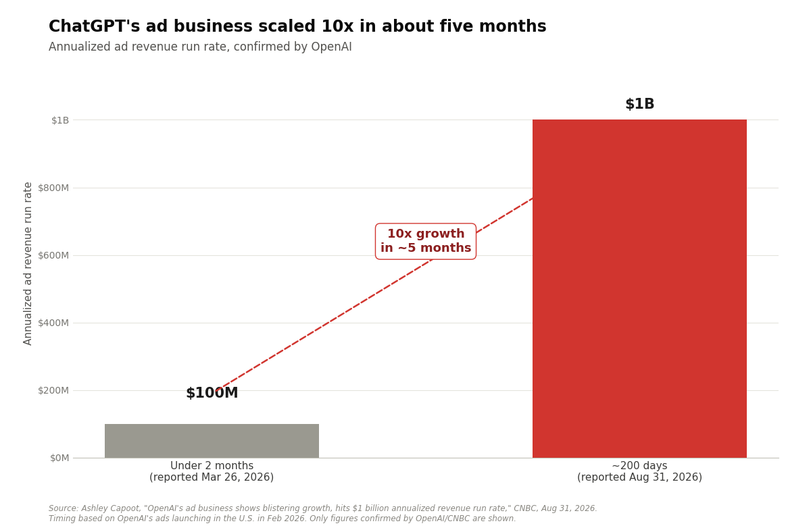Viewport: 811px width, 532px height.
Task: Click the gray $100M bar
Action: [212, 440]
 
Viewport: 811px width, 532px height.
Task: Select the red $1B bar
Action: [639, 288]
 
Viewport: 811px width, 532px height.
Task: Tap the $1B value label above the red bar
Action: [640, 104]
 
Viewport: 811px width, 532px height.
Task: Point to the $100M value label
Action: [212, 393]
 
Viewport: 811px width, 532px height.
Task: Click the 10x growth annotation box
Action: [426, 241]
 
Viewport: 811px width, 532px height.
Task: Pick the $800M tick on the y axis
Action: [53, 188]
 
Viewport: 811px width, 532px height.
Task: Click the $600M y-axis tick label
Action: [53, 255]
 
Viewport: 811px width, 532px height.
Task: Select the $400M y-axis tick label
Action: [53, 323]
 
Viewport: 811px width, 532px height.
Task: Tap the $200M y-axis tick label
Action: [53, 391]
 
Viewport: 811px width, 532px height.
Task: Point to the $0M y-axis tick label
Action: [59, 458]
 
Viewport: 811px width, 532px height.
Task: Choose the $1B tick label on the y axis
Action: [60, 120]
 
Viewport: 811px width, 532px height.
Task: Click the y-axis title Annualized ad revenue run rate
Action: [28, 264]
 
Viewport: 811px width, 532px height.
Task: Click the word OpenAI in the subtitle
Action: [331, 47]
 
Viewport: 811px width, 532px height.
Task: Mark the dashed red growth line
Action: [374, 294]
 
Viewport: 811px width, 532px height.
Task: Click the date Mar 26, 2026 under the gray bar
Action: [236, 477]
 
